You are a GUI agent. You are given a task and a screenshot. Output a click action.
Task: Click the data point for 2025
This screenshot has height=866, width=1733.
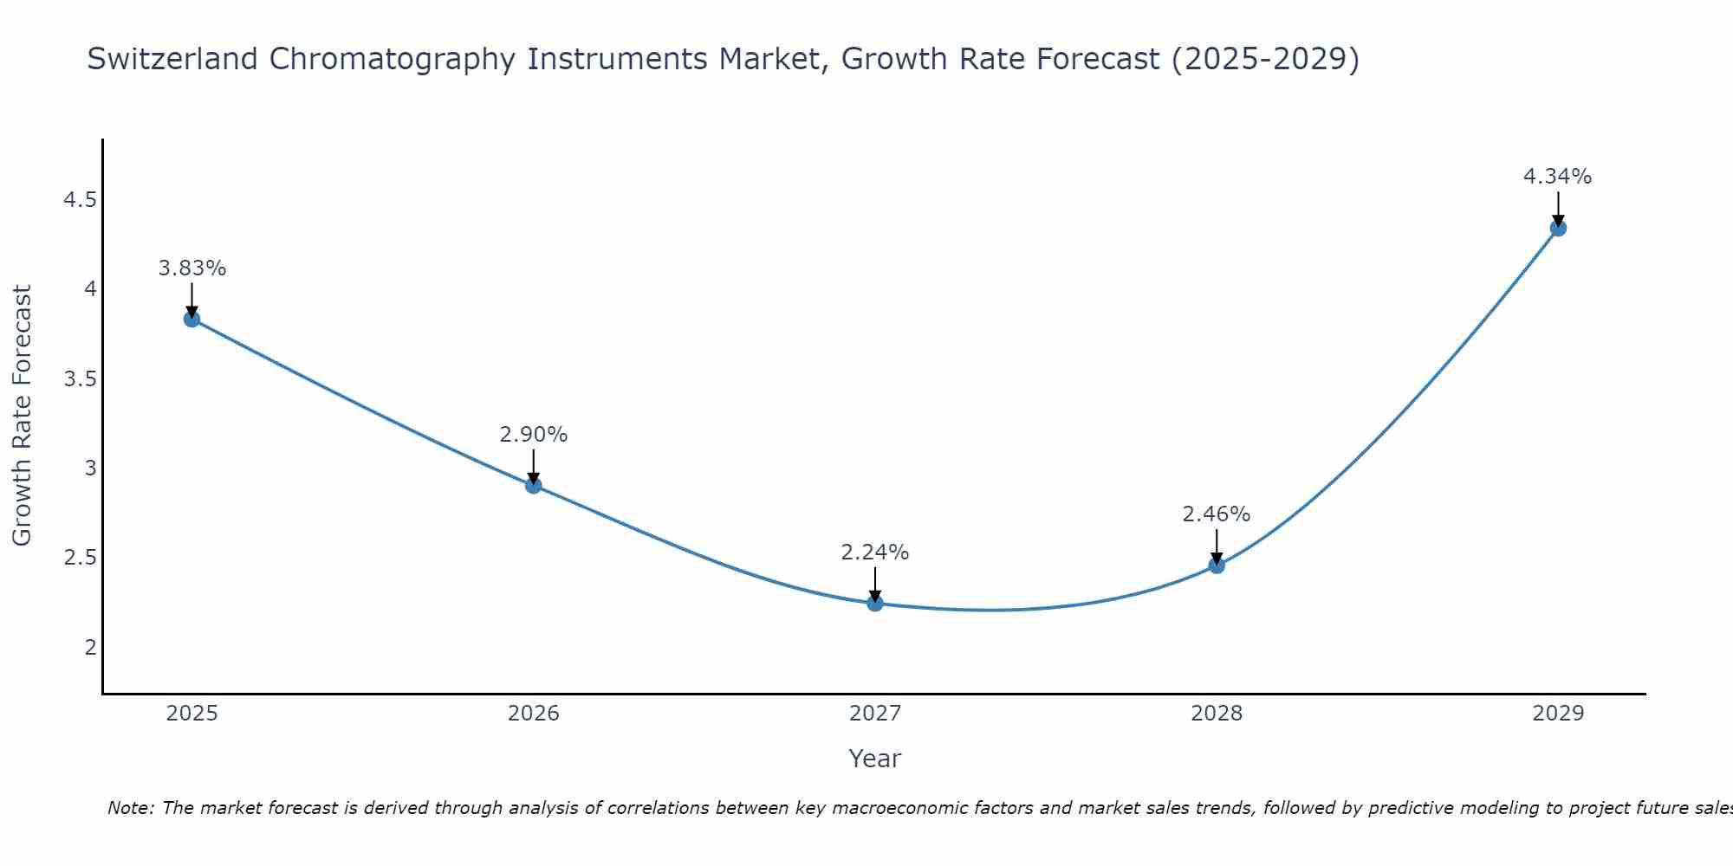[192, 320]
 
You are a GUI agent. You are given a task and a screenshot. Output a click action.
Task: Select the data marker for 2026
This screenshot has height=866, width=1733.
[534, 486]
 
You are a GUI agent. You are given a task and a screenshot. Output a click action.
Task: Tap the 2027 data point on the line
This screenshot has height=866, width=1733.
[875, 604]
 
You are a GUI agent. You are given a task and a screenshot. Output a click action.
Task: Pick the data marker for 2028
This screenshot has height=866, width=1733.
[1217, 565]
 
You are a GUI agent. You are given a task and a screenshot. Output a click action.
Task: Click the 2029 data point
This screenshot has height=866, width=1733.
[1558, 229]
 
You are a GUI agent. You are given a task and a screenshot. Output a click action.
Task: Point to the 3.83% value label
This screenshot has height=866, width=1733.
[192, 268]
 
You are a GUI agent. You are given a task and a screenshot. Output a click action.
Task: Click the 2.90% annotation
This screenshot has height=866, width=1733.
[534, 435]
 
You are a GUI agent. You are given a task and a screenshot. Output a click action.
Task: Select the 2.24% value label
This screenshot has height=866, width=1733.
[875, 553]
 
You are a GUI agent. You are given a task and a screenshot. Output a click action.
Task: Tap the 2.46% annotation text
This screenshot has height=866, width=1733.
[1217, 514]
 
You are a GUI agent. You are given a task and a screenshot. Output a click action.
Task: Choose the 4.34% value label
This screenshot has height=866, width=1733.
[1558, 177]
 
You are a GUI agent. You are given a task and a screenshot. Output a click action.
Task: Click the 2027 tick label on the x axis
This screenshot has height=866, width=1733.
[875, 714]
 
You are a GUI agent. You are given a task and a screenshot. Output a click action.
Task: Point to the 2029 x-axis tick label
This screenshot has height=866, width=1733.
[1558, 714]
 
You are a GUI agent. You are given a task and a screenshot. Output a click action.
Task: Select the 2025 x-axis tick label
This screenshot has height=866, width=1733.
[192, 714]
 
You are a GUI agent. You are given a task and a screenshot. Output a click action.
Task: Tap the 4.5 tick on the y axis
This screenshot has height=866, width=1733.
[80, 201]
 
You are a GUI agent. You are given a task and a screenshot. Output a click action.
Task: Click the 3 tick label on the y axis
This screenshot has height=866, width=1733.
[90, 469]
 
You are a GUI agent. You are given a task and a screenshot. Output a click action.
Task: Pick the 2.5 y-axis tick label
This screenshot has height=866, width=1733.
[80, 558]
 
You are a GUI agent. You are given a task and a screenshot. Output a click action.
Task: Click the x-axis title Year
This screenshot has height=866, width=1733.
[875, 759]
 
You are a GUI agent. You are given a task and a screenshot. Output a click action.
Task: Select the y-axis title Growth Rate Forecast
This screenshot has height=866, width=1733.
[23, 416]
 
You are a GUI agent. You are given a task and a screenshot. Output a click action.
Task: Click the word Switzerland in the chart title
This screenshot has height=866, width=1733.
[172, 59]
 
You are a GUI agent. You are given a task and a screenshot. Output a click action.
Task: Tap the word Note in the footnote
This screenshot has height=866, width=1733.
[129, 808]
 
